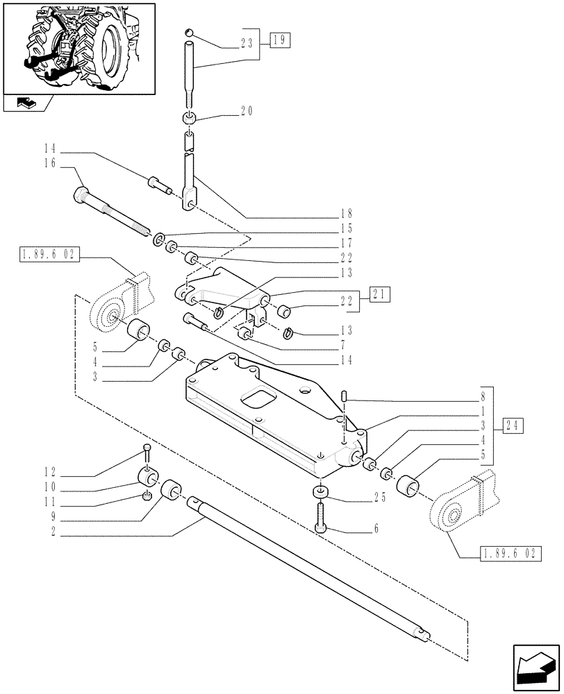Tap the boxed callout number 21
coord(380,294)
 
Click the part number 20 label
coord(248,111)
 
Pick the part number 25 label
coord(379,498)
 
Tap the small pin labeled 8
coord(345,396)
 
